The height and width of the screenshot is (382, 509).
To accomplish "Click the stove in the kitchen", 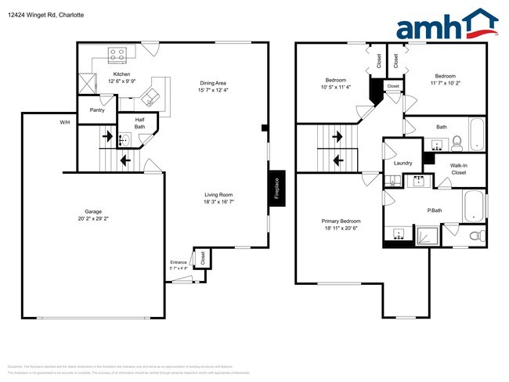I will click(x=117, y=54).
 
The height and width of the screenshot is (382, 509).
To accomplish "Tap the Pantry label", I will click(x=97, y=110).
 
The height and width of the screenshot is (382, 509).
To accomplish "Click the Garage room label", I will click(x=93, y=211).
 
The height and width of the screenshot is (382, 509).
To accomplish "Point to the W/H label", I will click(x=64, y=123).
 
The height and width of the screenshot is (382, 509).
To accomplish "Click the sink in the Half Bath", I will click(x=124, y=141).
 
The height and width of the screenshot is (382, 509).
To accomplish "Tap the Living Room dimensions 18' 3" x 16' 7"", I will click(x=218, y=202).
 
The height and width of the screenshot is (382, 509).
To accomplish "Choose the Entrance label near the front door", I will click(x=179, y=262).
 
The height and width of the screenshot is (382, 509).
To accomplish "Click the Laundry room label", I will click(x=403, y=163).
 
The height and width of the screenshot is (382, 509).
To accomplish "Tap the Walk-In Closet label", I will click(x=459, y=168).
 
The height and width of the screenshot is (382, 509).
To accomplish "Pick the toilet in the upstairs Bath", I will click(x=457, y=141).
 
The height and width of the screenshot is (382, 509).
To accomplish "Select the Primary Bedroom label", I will click(x=341, y=222).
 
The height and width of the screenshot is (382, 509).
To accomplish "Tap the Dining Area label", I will click(x=213, y=83).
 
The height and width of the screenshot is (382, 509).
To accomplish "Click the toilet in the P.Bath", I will click(x=475, y=236).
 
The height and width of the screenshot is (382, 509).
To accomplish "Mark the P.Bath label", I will click(x=435, y=210).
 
